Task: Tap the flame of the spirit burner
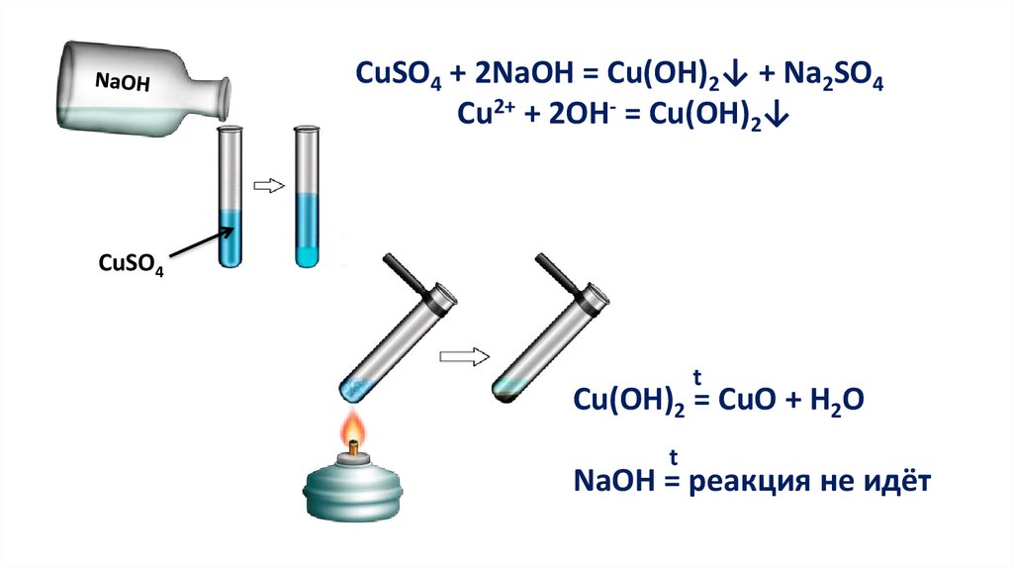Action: [353, 430]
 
